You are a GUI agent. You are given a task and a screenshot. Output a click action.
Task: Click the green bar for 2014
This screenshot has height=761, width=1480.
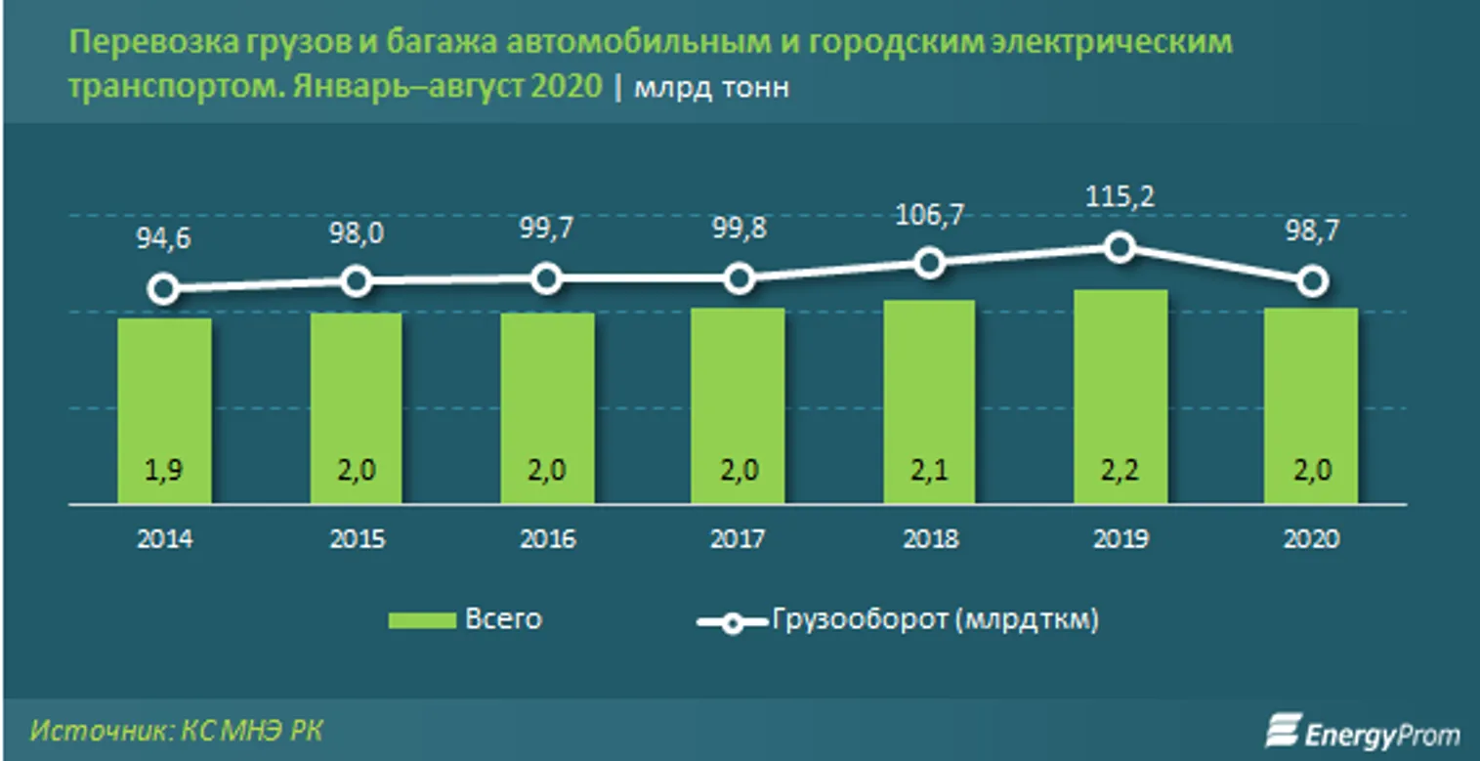[x=164, y=410]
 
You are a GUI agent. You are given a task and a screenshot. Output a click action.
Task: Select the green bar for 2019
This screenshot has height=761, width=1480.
[x=1120, y=396]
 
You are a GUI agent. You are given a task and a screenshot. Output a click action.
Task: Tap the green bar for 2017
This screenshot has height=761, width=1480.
[x=738, y=405]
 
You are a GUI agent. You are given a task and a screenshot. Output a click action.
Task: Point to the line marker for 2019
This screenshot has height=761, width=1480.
[x=1121, y=247]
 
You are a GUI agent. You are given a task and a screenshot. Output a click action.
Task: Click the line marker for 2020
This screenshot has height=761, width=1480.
[x=1312, y=281]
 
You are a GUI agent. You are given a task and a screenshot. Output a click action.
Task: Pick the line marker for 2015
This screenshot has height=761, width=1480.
[x=357, y=281]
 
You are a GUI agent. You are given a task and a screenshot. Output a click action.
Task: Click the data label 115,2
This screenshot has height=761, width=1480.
[x=1121, y=197]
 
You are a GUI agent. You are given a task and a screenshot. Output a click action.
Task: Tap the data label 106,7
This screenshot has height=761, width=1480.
[x=930, y=215]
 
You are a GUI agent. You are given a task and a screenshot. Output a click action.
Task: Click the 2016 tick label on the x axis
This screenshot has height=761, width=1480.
[x=547, y=538]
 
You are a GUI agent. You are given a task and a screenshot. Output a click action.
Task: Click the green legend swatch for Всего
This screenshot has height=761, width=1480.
[x=422, y=620]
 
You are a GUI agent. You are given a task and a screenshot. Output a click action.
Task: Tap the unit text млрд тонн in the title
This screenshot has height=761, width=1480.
[x=711, y=88]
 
